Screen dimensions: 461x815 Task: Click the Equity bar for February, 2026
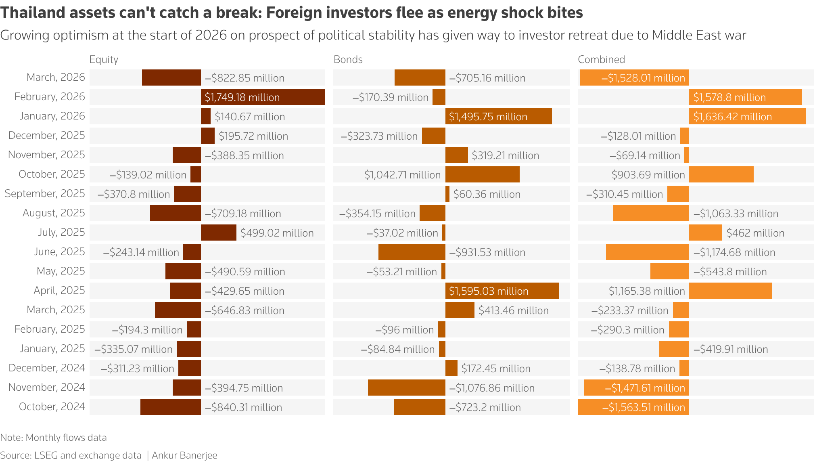(x=263, y=97)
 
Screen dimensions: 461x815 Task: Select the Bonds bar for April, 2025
(x=502, y=291)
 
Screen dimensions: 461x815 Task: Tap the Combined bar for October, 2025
(x=721, y=174)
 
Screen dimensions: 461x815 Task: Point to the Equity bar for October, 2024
(x=170, y=407)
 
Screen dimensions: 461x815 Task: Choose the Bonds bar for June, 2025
(x=412, y=252)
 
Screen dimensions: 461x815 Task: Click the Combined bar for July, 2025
(x=705, y=233)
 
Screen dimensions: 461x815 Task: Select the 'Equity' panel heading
(x=104, y=59)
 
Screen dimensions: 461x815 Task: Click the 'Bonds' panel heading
(x=348, y=59)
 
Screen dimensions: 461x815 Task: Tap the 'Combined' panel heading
(x=601, y=59)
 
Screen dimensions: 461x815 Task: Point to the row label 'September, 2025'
(x=45, y=193)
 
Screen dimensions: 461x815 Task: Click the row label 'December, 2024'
(x=47, y=368)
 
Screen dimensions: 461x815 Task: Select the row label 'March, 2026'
(x=56, y=77)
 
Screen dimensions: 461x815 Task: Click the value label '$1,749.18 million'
(x=242, y=97)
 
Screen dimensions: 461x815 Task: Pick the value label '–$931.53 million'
(x=487, y=252)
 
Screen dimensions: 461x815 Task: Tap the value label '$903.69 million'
(x=648, y=175)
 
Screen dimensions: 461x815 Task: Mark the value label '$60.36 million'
(x=487, y=194)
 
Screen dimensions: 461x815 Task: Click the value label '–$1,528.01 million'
(x=643, y=78)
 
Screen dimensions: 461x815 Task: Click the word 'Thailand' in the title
(x=32, y=13)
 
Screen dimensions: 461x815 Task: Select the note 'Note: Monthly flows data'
(x=53, y=438)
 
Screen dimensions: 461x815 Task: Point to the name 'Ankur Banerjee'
(x=184, y=455)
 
